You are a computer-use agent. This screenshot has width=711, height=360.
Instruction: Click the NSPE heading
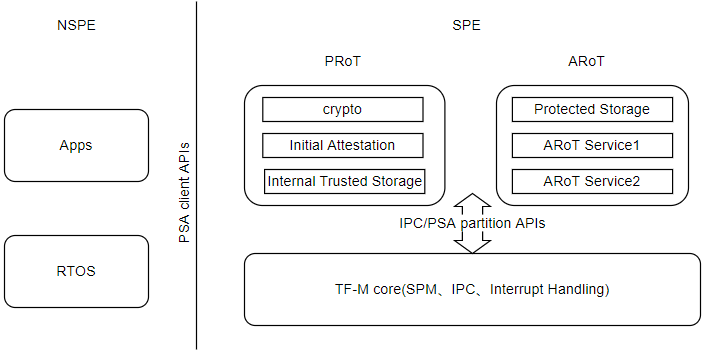(x=76, y=25)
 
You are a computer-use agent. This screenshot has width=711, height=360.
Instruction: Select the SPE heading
(x=466, y=25)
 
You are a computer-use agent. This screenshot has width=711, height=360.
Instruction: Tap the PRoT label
(x=343, y=62)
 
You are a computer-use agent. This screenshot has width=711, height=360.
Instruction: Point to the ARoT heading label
(x=585, y=62)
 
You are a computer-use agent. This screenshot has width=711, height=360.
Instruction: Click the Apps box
(x=76, y=145)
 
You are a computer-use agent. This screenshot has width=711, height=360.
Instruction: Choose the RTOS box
(x=76, y=270)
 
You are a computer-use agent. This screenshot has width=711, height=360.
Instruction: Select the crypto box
(x=343, y=109)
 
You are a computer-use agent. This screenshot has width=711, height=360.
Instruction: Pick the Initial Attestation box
(x=343, y=145)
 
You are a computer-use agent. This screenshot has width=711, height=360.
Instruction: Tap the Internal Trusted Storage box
(x=344, y=182)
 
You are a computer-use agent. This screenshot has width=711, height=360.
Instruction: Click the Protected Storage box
(x=592, y=109)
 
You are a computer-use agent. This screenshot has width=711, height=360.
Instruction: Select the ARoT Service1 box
(x=592, y=146)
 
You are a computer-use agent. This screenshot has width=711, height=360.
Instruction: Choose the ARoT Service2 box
(x=592, y=182)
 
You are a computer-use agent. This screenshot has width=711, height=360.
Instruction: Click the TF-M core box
(x=472, y=289)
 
